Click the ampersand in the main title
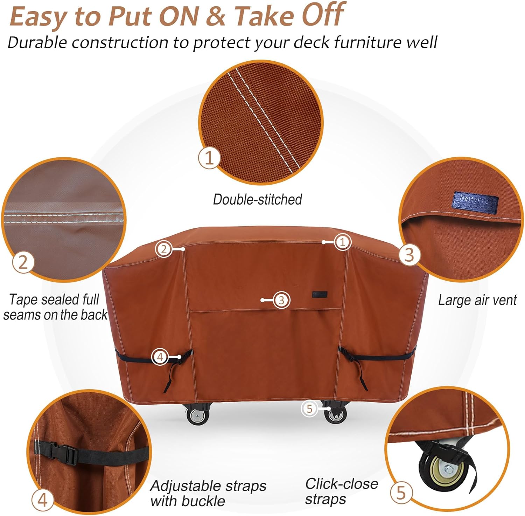tap(216, 16)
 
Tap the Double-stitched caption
tap(257, 199)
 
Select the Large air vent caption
tap(477, 300)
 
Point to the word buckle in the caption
tap(206, 501)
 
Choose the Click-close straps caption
tap(341, 491)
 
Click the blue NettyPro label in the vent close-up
tap(475, 202)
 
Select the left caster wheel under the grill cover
tap(197, 416)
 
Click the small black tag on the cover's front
tap(319, 294)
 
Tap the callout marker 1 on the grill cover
tap(342, 242)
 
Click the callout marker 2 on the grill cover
tap(163, 249)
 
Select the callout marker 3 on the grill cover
tap(281, 300)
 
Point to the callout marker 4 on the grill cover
tap(160, 357)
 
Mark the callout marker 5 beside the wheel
tap(309, 408)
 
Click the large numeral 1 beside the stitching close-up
tap(209, 158)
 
